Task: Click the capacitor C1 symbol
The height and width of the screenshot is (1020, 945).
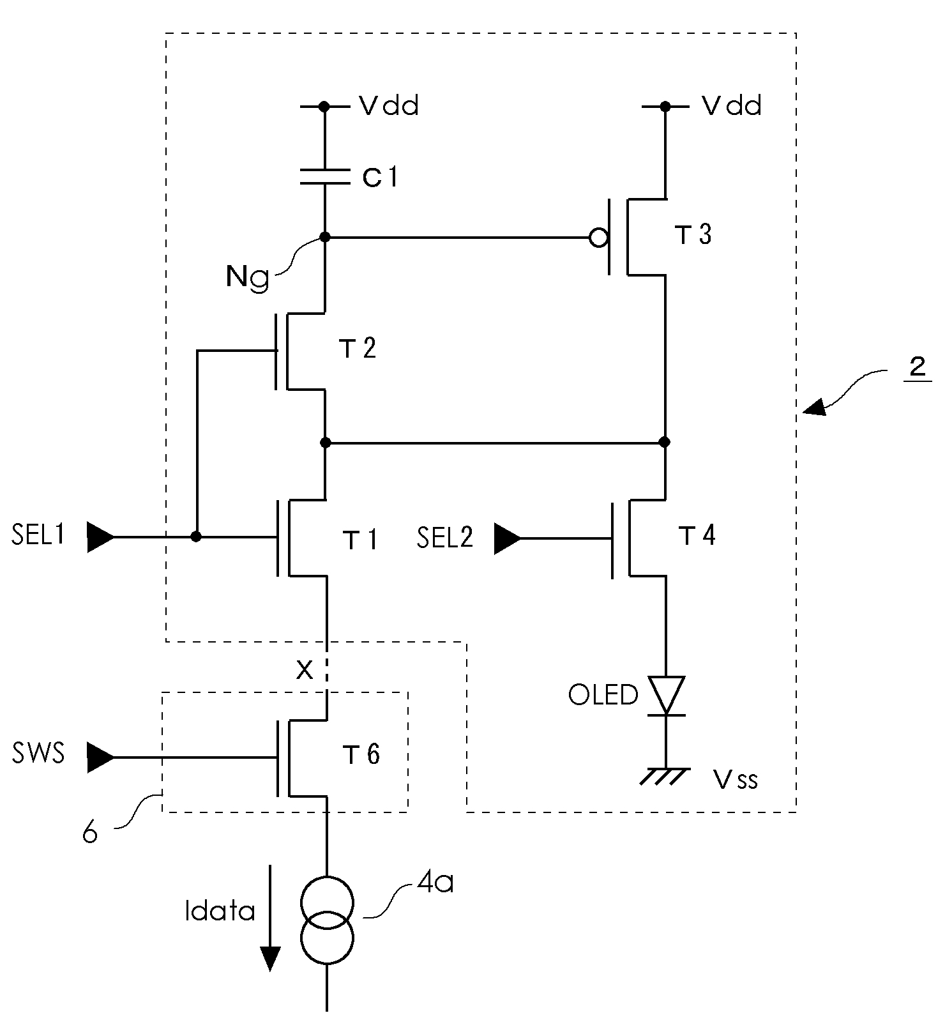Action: (x=325, y=176)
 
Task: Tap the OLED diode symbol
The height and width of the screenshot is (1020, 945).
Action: (x=666, y=696)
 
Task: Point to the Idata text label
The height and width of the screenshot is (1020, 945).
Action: (x=220, y=911)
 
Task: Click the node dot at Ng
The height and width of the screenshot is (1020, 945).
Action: (x=325, y=238)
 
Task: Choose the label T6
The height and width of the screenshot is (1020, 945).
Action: (x=361, y=754)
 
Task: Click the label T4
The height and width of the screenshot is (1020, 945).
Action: (x=697, y=535)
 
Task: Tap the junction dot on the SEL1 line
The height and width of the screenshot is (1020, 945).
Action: (x=197, y=537)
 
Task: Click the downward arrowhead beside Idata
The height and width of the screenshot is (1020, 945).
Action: (x=271, y=958)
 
